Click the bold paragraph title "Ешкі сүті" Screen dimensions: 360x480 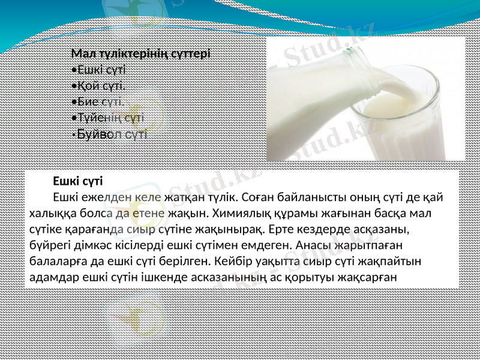[x=77, y=180]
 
